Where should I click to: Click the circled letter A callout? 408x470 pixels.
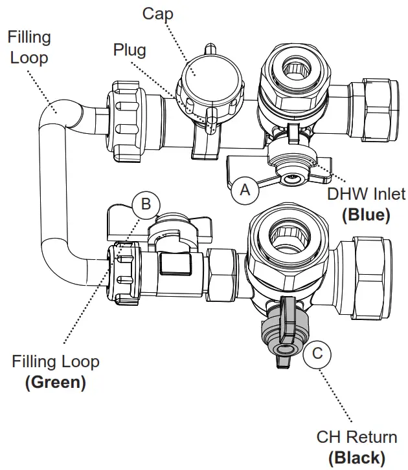tap(245, 189)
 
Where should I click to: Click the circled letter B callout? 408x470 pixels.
tap(146, 205)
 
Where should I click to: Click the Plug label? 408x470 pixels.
tap(130, 50)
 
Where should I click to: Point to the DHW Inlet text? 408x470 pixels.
tap(366, 193)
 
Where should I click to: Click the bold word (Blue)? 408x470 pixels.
tap(366, 215)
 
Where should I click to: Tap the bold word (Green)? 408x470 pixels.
tap(55, 381)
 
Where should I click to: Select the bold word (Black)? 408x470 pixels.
tap(356, 457)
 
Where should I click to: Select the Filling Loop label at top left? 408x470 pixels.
tap(28, 47)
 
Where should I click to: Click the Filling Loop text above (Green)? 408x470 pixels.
tap(56, 361)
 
